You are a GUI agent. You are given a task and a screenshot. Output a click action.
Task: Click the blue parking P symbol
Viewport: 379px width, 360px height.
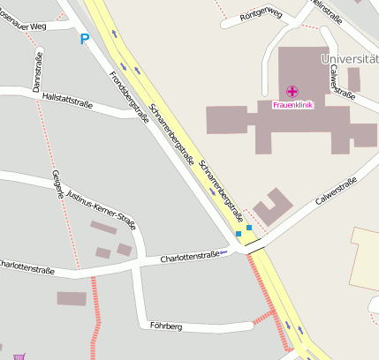coord(85,38)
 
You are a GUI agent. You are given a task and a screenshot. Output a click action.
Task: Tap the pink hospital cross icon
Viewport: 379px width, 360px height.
coord(292,92)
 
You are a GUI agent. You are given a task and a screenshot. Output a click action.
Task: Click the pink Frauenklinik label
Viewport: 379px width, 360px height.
coord(292,105)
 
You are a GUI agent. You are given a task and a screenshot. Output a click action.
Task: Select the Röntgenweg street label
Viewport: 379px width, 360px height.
coord(262,13)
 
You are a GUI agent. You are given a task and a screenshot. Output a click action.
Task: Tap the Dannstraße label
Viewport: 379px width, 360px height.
coord(38,72)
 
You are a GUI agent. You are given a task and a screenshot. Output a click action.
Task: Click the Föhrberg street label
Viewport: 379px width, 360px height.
coord(165,326)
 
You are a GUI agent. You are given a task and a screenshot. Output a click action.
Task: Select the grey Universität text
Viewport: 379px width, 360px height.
coord(350,59)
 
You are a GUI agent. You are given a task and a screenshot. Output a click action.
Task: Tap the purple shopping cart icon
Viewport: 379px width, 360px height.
coord(19,356)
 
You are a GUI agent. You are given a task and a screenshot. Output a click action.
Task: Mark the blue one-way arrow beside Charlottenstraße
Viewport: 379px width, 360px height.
coord(224,253)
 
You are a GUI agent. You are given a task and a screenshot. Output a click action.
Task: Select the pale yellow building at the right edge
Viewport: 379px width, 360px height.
coord(365,259)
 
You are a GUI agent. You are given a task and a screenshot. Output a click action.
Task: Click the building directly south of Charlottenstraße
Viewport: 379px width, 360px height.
coord(72,298)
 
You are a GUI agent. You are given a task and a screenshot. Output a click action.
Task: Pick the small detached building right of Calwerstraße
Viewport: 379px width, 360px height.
coord(353,79)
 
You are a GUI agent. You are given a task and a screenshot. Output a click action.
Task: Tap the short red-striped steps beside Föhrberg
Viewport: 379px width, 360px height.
coord(264,316)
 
